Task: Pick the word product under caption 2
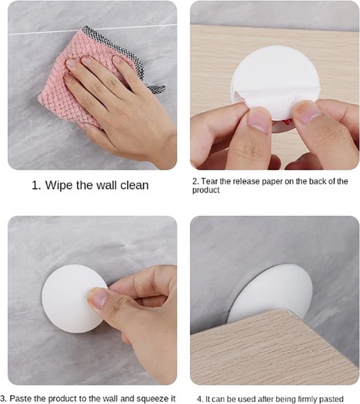pyautogui.click(x=206, y=190)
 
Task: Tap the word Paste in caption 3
pyautogui.click(x=20, y=398)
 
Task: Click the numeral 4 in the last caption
pyautogui.click(x=199, y=399)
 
